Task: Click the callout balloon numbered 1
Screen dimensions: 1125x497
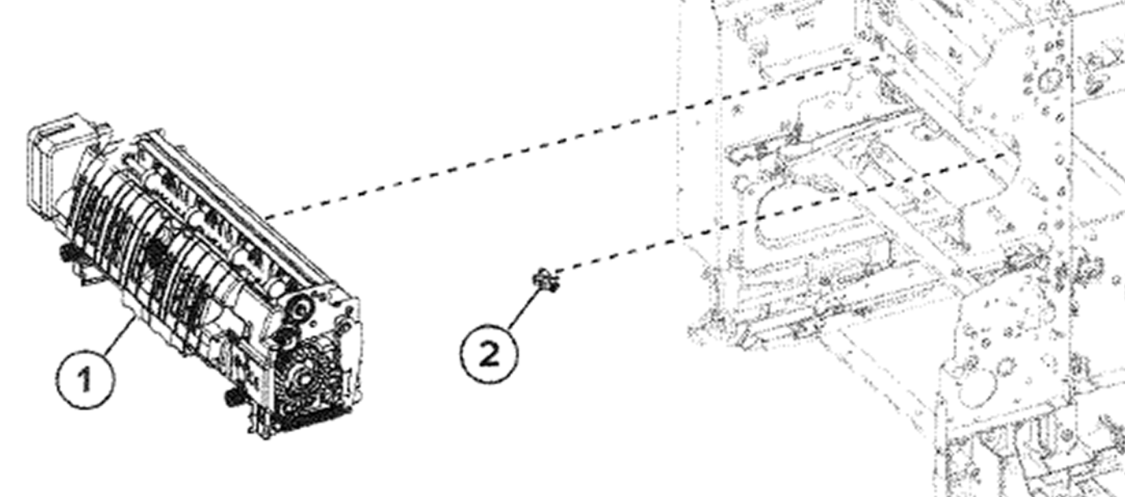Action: pos(85,379)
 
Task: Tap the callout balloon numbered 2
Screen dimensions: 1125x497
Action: pos(489,354)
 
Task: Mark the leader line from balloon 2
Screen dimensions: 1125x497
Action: pos(526,308)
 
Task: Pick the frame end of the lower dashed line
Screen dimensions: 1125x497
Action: pos(1006,153)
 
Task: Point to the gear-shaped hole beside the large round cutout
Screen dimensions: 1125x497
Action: pos(1006,369)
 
